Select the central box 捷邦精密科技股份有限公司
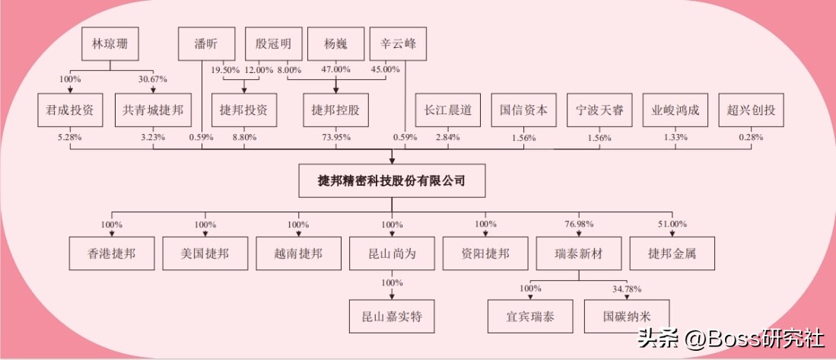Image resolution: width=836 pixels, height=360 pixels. [391, 181]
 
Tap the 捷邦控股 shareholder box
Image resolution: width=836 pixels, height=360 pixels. [335, 110]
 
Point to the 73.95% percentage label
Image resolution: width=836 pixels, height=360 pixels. [335, 138]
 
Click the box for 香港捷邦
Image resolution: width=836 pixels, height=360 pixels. [112, 253]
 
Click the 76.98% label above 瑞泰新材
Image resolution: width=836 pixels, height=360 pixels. [579, 225]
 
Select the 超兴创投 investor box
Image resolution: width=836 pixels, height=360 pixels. [751, 110]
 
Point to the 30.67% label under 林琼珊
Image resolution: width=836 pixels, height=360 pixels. [151, 79]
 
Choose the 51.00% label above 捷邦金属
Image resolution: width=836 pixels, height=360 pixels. [672, 225]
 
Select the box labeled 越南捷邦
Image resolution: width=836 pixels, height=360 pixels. [298, 253]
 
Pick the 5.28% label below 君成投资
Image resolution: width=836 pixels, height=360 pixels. [69, 138]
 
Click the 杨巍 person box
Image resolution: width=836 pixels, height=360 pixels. [335, 45]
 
